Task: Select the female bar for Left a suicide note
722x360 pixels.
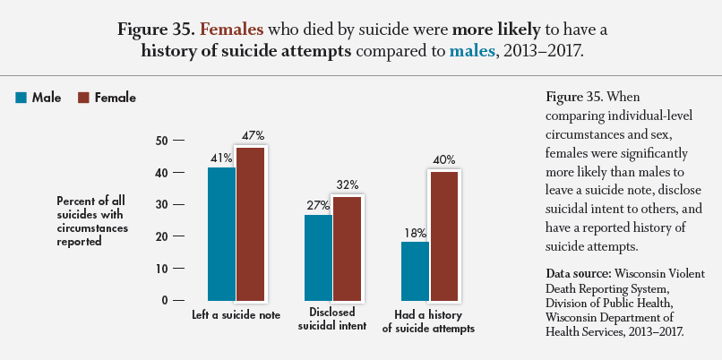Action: (x=251, y=223)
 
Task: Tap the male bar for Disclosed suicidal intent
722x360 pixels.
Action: (x=318, y=257)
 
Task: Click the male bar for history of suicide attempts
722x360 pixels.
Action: (x=416, y=270)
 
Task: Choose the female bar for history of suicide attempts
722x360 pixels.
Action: (x=444, y=235)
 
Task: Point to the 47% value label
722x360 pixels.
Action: (x=252, y=136)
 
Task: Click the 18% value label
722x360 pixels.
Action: (x=415, y=233)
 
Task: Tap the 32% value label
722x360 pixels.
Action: (x=347, y=184)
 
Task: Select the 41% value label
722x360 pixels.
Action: (x=221, y=159)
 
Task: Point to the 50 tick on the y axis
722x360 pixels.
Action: (x=161, y=141)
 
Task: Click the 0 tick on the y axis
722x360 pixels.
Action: (x=165, y=300)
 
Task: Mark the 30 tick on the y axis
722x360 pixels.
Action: (x=161, y=204)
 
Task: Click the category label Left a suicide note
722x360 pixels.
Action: (x=236, y=315)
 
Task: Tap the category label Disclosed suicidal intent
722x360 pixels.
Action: (x=332, y=320)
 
